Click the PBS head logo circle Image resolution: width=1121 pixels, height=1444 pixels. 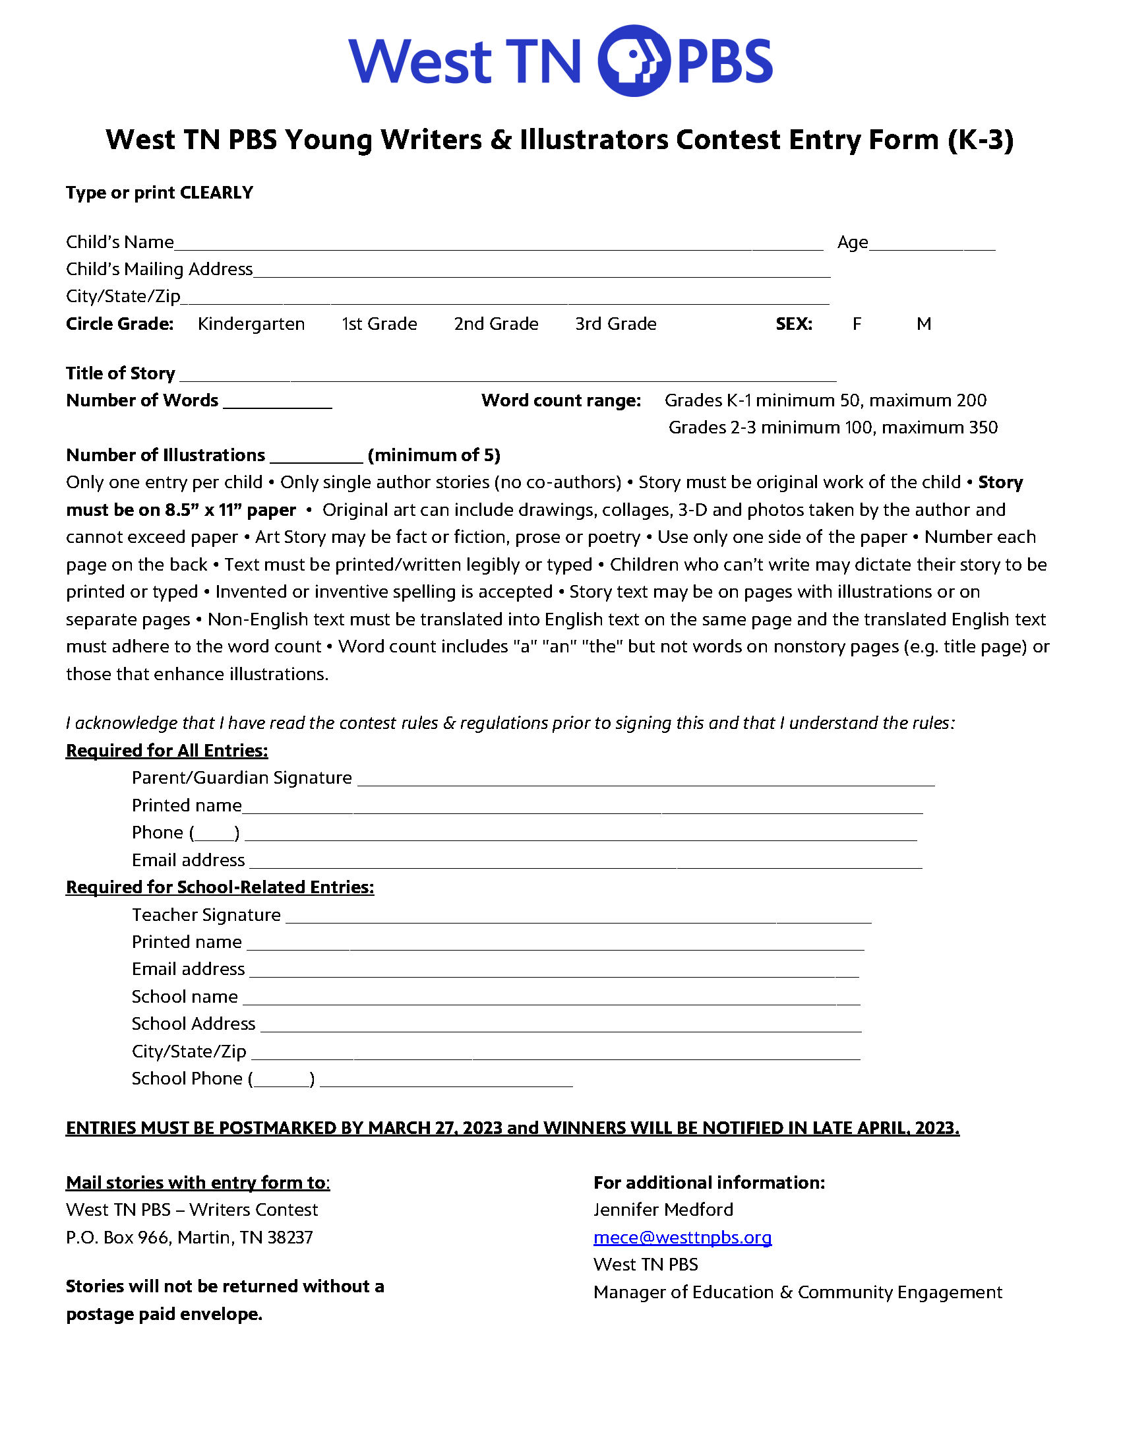[x=633, y=61]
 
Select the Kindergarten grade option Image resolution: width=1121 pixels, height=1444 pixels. [x=251, y=324]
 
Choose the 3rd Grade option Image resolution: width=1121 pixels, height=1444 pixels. [x=615, y=324]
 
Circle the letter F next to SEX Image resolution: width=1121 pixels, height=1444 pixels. [x=857, y=324]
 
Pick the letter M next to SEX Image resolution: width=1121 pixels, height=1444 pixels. [x=923, y=324]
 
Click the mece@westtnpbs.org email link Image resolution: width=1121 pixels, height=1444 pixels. [x=682, y=1237]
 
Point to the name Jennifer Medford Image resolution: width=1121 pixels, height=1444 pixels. [x=663, y=1210]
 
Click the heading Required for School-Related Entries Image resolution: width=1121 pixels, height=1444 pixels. [x=220, y=887]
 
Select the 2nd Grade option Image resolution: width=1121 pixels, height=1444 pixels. [x=496, y=324]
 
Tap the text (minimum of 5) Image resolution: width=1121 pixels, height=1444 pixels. [x=435, y=456]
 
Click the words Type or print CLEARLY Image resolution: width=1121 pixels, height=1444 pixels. [x=160, y=193]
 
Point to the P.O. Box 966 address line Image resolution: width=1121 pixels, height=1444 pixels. [x=190, y=1238]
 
